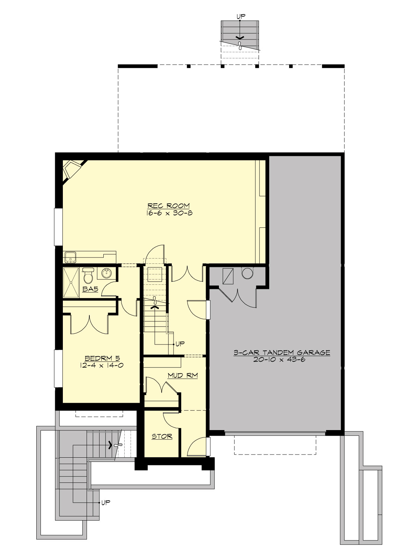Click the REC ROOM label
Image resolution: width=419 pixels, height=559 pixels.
(x=168, y=206)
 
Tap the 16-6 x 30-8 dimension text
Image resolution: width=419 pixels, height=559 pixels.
(x=169, y=213)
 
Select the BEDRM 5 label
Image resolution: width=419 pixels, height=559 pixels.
(x=102, y=358)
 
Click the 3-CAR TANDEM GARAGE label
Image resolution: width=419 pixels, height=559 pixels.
(x=282, y=353)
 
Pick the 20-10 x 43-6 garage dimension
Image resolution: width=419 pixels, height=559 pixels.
(x=279, y=360)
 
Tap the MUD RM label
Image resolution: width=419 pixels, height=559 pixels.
(x=183, y=376)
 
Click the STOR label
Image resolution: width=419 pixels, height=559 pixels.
(x=162, y=436)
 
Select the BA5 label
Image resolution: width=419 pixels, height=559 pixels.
(x=90, y=289)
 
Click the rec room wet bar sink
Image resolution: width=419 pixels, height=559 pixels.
(x=71, y=257)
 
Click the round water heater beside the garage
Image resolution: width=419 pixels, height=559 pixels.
(x=247, y=273)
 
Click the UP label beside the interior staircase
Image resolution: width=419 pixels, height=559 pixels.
(x=180, y=344)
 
